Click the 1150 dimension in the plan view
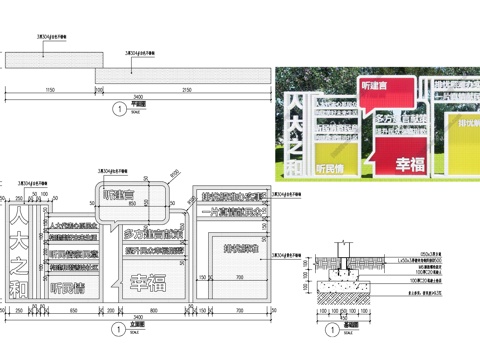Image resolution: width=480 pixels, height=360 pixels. coord(49,91)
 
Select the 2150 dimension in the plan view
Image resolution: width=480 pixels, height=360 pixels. coord(185,91)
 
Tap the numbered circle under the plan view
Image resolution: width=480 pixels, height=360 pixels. coord(120,107)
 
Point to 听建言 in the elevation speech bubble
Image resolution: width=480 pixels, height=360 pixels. coord(126,195)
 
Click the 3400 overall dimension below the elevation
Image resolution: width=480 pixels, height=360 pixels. coord(139,321)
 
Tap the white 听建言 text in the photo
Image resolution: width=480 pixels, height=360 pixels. coord(384,88)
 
